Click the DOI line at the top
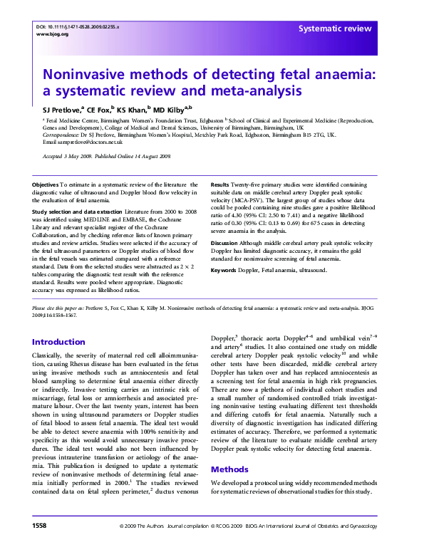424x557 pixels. coord(78,26)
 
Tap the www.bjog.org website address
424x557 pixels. coord(52,34)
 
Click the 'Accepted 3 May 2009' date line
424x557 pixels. coord(72,155)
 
